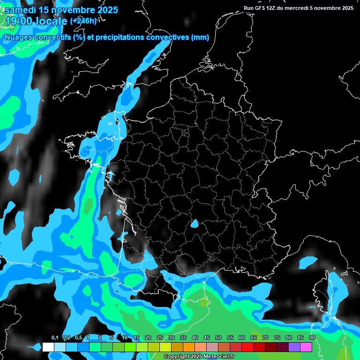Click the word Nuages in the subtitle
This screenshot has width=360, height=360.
(x=20, y=37)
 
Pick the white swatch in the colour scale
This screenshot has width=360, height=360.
(x=48, y=347)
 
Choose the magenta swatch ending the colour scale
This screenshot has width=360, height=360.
(x=306, y=347)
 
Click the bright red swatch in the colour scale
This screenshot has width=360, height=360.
(x=247, y=347)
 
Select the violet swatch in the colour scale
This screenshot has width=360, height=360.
(x=294, y=347)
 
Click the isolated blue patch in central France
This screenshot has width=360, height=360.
(x=194, y=224)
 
